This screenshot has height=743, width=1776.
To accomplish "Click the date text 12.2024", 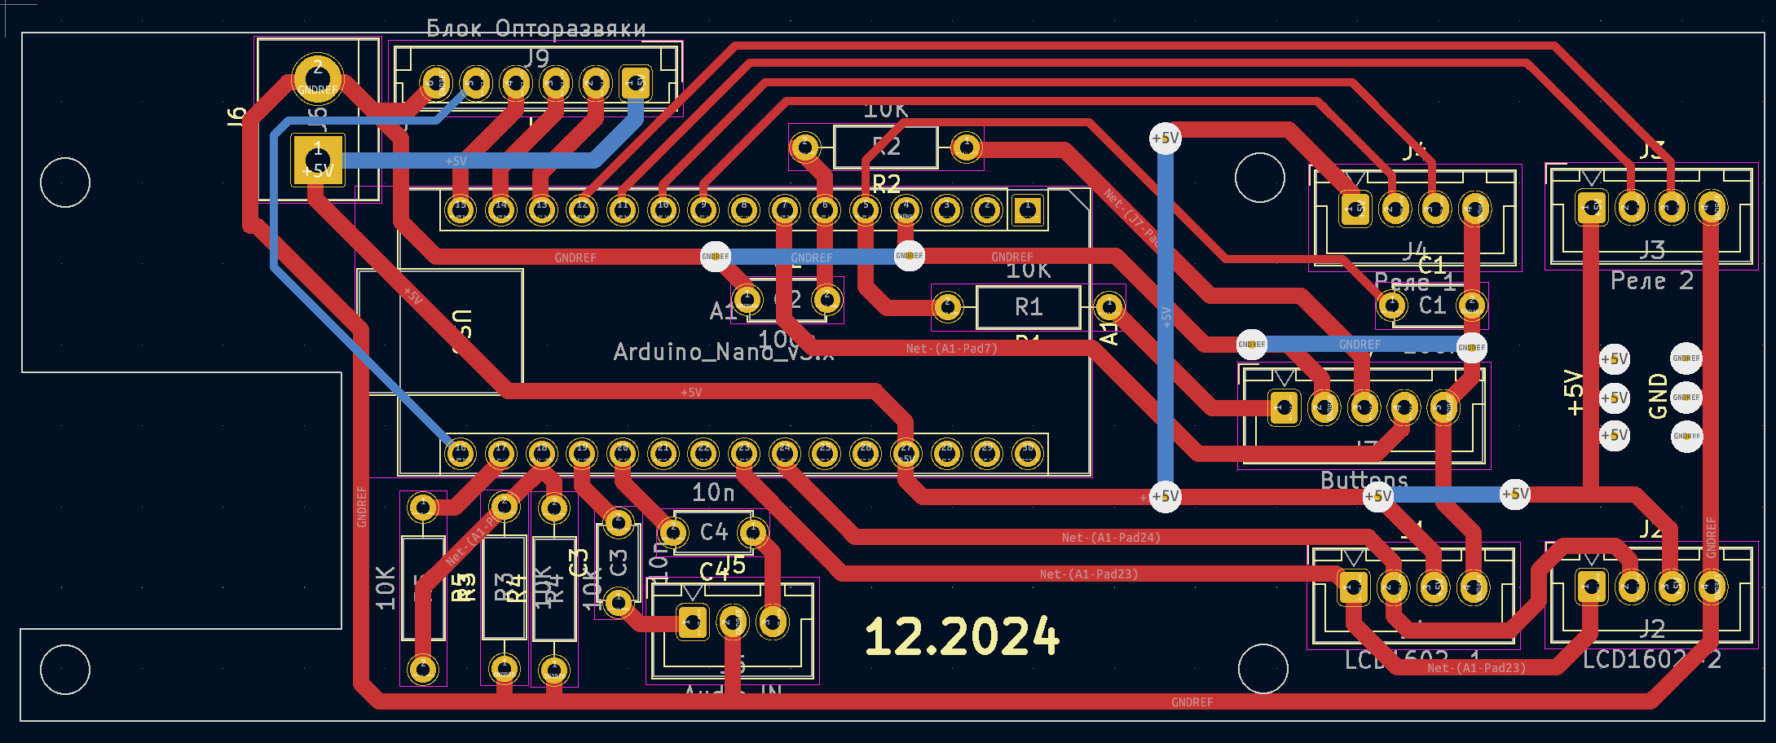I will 962,636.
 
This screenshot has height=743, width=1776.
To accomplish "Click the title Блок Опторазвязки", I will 535,29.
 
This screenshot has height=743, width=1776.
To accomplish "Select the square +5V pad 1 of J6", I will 318,160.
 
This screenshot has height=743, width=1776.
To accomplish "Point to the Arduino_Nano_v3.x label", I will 723,352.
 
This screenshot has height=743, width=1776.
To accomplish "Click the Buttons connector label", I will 1364,480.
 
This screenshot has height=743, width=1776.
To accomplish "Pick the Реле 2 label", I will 1652,281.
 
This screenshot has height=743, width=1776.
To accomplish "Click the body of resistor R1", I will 1029,307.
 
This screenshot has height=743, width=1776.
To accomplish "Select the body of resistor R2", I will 886,147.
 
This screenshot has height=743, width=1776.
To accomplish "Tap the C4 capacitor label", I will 714,532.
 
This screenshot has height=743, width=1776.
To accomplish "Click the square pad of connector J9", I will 636,82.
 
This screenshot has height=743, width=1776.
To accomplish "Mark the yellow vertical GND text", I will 1658,396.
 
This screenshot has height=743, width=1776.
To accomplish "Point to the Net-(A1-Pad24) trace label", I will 1111,538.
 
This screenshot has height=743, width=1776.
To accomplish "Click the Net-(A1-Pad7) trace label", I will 951,349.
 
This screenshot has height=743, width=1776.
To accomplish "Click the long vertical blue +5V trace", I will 1166,318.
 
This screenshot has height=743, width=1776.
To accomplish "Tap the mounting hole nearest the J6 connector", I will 65,182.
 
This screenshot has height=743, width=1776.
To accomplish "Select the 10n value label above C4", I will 713,492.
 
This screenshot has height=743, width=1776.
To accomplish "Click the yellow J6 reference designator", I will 236,117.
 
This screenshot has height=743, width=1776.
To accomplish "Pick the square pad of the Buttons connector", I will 1284,407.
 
